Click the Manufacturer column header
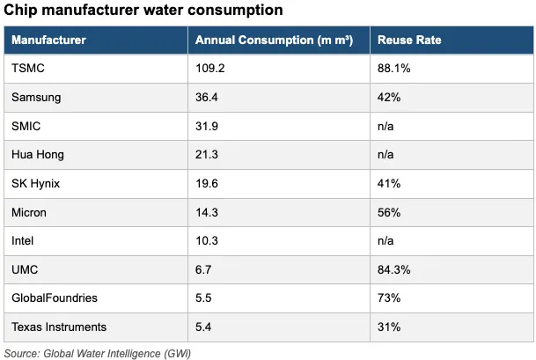click(x=48, y=40)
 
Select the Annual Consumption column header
click(x=274, y=40)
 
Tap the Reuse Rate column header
click(x=409, y=40)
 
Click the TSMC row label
click(x=28, y=68)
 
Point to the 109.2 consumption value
click(x=209, y=68)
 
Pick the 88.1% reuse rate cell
click(x=393, y=68)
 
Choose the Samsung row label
click(x=36, y=98)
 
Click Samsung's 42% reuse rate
click(x=389, y=97)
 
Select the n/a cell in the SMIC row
click(x=385, y=126)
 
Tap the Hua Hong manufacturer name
click(x=38, y=155)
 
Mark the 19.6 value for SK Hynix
click(x=207, y=184)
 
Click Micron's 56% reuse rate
click(x=389, y=212)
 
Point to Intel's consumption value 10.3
click(x=207, y=240)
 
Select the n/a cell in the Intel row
click(x=385, y=240)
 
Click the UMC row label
click(x=25, y=269)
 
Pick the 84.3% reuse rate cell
click(x=393, y=269)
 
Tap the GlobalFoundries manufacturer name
click(x=55, y=298)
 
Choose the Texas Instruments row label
click(x=59, y=327)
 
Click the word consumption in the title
click(x=235, y=11)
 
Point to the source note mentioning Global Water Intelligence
click(x=98, y=354)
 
